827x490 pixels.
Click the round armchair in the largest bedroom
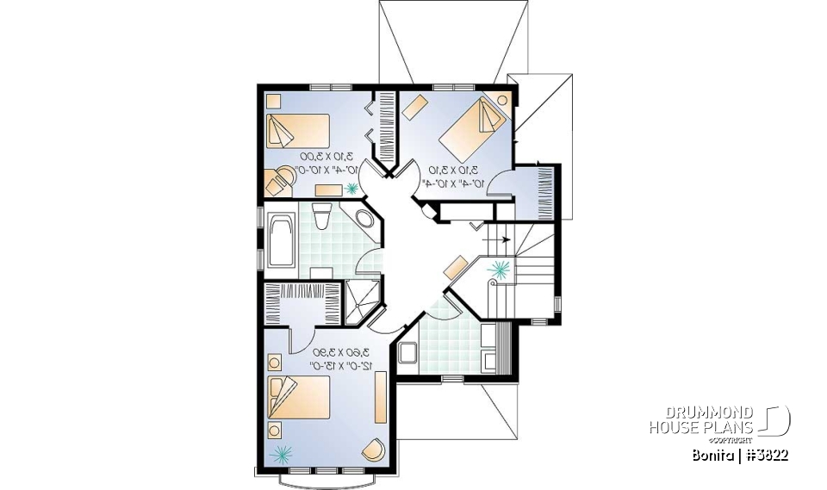(x=373, y=449)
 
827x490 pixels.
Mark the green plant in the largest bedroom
(x=281, y=453)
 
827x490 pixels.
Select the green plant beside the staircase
(x=497, y=271)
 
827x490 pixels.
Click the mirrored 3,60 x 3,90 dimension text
(x=319, y=358)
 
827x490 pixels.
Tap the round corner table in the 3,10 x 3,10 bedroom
(x=503, y=98)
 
